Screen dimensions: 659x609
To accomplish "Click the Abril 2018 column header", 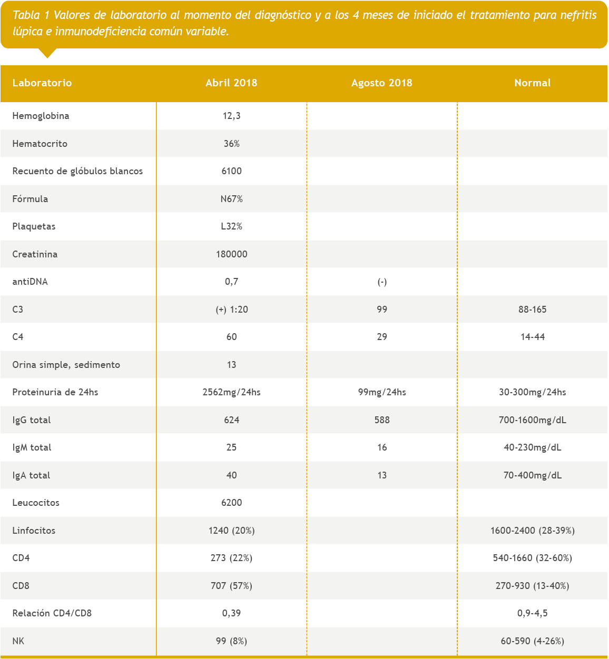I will pos(231,83).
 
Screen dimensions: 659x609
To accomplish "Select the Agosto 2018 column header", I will pos(381,83).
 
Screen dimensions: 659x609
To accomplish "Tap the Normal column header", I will pos(532,83).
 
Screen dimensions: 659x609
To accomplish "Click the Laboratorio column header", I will pos(42,83).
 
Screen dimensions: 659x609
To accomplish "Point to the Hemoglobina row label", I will pos(41,116).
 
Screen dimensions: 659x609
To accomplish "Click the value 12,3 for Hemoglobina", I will pos(231,116).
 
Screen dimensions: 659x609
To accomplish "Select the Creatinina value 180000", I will pos(231,254).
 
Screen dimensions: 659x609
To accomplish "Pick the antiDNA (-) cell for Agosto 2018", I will pos(382,282).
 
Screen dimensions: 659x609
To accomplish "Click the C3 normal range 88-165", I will pos(532,309).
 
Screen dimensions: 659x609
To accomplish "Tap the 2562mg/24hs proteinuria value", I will pos(231,392).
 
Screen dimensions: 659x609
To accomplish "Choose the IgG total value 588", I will pos(382,420).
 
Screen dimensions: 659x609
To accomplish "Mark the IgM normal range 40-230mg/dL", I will pos(532,447).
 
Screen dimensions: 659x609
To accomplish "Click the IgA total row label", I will pos(31,475).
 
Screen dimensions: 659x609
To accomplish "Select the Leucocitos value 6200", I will pos(231,503).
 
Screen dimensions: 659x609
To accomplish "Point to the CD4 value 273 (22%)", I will pos(231,558).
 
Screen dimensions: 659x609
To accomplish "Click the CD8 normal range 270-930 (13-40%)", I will pos(532,586).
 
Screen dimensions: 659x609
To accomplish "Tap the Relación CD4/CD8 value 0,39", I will pos(231,613).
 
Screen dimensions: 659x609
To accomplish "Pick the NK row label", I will pos(18,641).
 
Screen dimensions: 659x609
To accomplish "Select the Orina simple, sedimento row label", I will pos(66,365).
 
